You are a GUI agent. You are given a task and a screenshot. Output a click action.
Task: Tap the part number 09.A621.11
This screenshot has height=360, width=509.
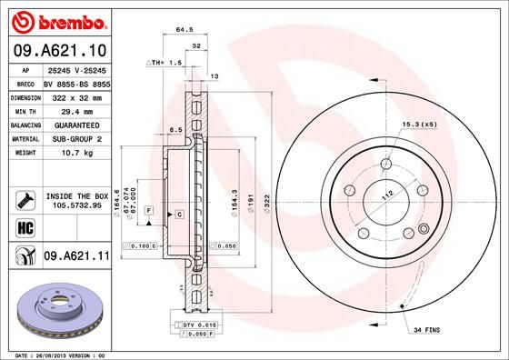pos(76,257)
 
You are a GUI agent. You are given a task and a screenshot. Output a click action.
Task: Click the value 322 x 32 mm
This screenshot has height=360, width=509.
pos(76,95)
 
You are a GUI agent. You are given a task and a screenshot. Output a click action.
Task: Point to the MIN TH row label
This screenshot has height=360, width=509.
pos(26,109)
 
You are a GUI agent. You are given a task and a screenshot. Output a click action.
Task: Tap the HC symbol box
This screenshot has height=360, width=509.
pos(24,225)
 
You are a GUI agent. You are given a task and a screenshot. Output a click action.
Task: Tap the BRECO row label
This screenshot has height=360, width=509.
pos(26,82)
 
